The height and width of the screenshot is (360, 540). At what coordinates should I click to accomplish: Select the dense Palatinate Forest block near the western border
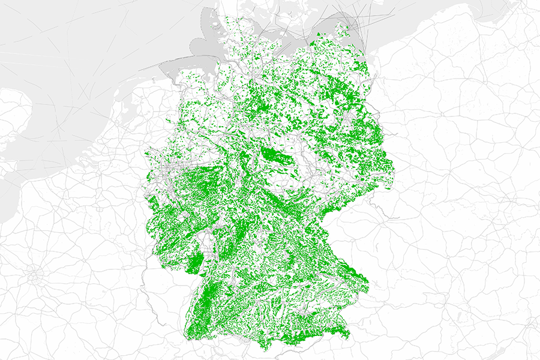(195, 263)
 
